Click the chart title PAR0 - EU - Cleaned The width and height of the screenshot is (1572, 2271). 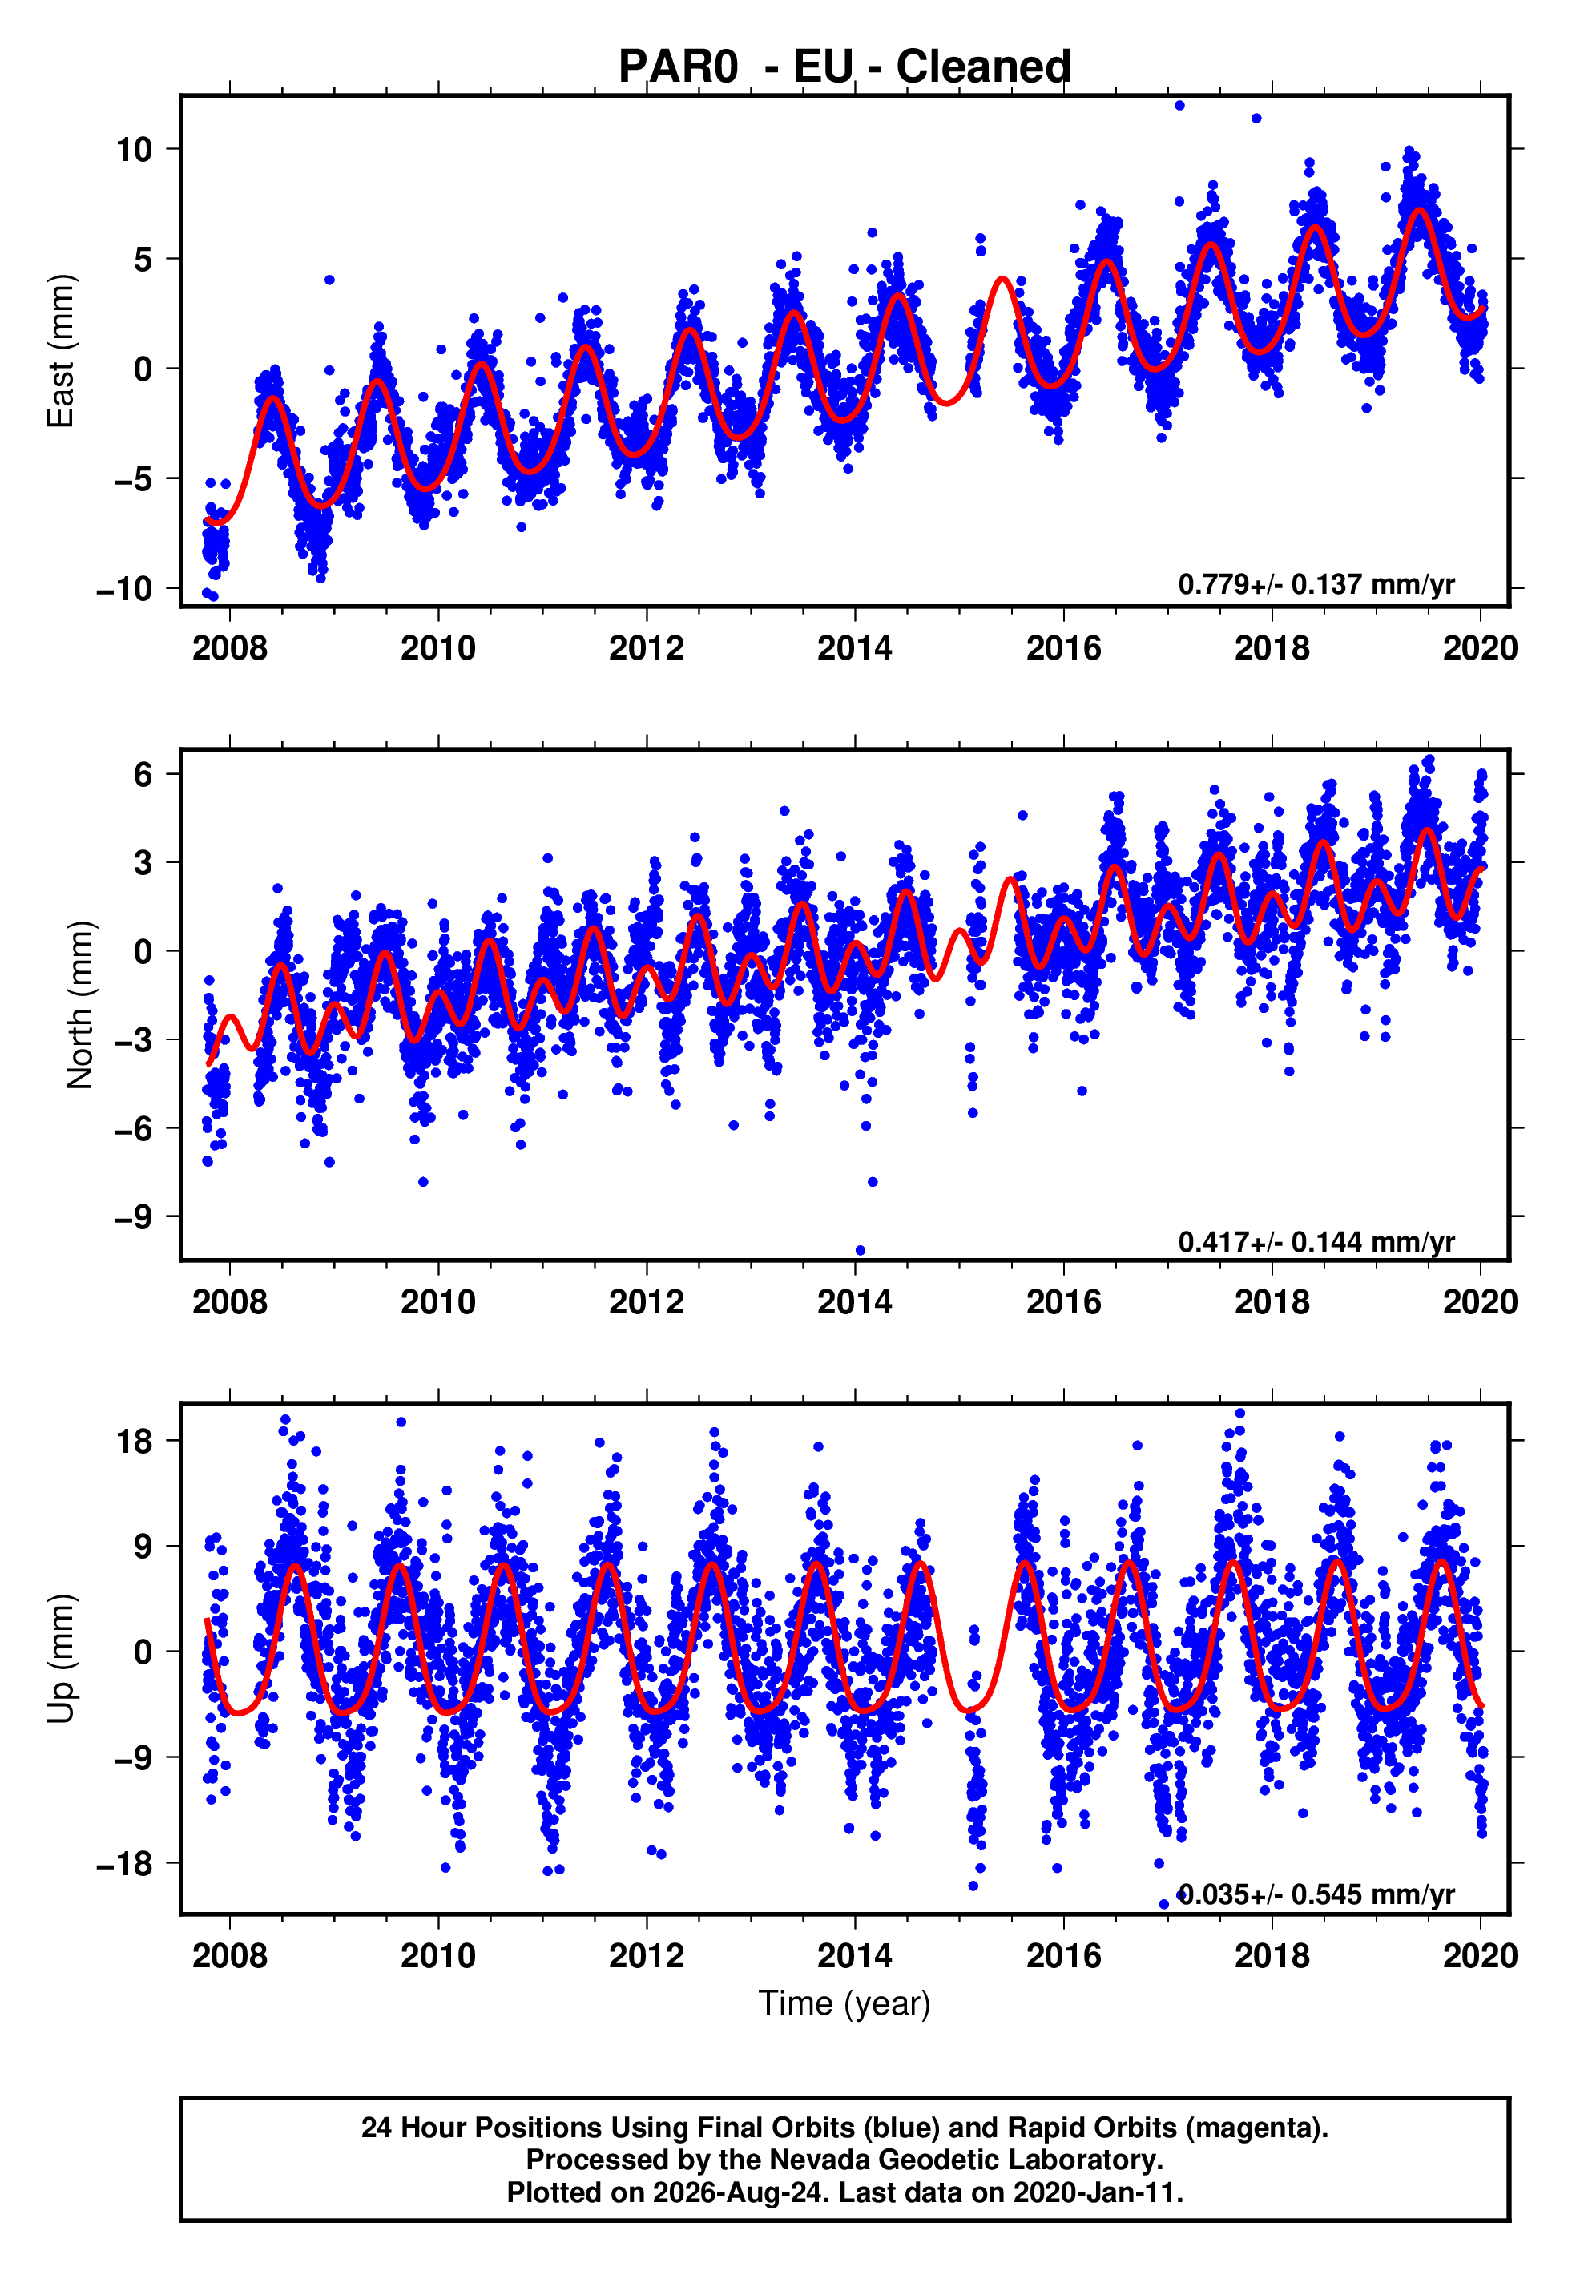(844, 67)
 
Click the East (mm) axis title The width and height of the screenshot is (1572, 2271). (61, 351)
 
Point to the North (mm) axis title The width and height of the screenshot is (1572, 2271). (80, 1005)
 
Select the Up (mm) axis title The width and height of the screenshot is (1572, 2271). (61, 1659)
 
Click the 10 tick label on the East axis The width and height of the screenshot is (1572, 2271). (134, 150)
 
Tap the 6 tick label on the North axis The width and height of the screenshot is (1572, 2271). (143, 775)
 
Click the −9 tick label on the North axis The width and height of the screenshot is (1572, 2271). (134, 1217)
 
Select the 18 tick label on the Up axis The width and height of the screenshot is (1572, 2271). (134, 1442)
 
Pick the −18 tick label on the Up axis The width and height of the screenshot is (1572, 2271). (124, 1864)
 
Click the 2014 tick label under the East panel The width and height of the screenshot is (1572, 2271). (854, 648)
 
